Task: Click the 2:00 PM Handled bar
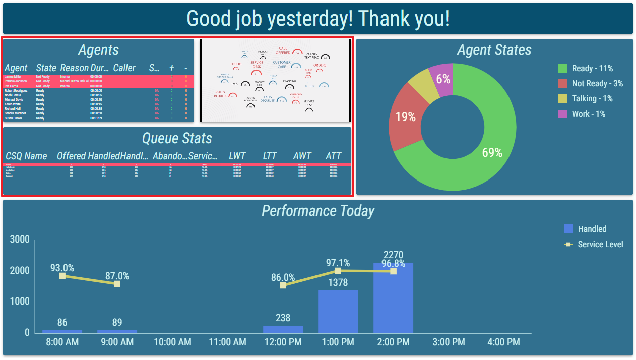coord(393,297)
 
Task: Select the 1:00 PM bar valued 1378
coord(338,311)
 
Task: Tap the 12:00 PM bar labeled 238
coord(283,329)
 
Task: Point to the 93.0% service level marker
coord(62,276)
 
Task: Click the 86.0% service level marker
coord(283,285)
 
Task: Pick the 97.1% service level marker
coord(338,271)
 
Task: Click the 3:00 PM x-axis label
coord(449,342)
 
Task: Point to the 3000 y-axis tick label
coord(20,239)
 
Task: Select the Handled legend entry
coord(585,229)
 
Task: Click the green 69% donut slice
coord(484,156)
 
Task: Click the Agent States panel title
coord(494,50)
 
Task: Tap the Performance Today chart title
coord(318,211)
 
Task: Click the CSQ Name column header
coord(27,156)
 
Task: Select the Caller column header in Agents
coord(124,68)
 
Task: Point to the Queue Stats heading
coord(177,138)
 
